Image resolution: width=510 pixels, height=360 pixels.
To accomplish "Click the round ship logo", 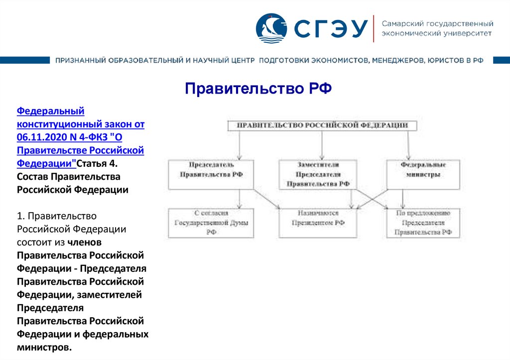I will coord(271,28).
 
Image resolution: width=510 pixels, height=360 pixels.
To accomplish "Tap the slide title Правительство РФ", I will coord(258,89).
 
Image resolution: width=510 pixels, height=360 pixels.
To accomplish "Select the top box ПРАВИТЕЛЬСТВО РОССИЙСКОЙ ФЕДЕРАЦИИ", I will coord(322,125).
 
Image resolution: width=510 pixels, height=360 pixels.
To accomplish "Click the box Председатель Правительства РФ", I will coord(211,174).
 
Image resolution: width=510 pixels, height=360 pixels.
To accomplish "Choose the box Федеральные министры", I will coord(423,174).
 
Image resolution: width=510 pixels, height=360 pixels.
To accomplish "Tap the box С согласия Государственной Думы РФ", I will coord(211,223).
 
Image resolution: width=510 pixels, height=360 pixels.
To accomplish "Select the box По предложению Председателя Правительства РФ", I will coord(423,223).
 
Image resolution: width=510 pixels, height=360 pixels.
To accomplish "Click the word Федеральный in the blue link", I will coord(50,111).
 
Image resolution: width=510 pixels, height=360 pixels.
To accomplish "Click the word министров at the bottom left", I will coord(43,347).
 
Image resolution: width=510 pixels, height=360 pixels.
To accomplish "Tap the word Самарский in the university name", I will coord(399,23).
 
